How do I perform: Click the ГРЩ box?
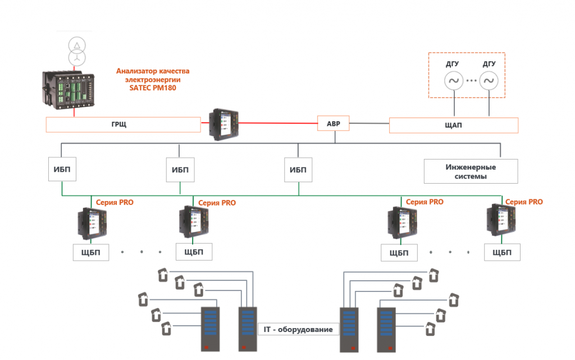click(x=122, y=125)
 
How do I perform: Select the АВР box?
click(x=334, y=124)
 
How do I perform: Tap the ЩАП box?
click(x=453, y=125)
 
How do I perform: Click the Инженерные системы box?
click(x=471, y=171)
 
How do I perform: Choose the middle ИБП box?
click(x=180, y=170)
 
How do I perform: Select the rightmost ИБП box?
click(x=298, y=170)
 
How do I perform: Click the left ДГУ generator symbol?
click(x=453, y=81)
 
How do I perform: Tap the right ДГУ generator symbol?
click(x=489, y=81)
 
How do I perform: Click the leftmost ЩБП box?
click(x=92, y=252)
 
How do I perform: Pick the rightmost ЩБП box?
click(x=501, y=252)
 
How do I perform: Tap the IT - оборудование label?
click(x=298, y=329)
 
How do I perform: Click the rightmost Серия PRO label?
click(x=524, y=202)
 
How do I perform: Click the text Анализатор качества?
click(x=153, y=71)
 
